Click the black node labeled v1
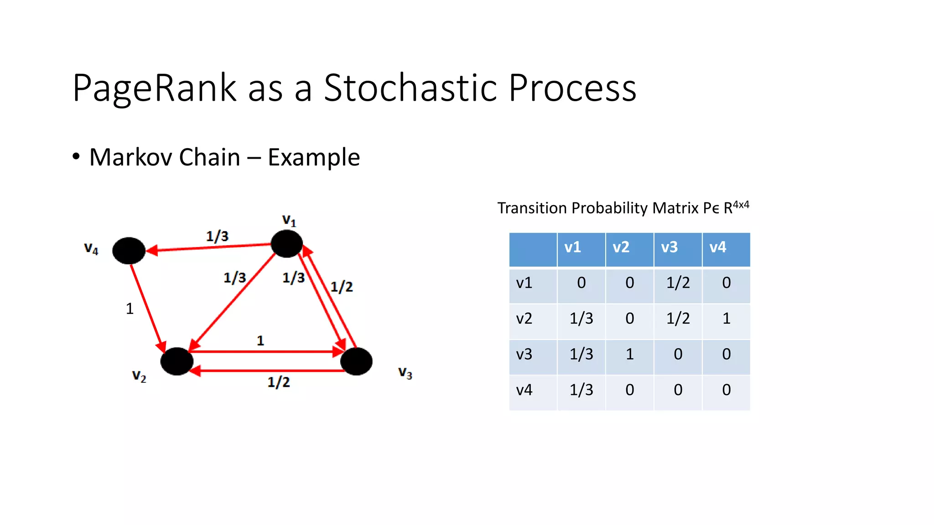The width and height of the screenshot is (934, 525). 286,244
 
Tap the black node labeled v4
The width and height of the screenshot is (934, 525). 129,251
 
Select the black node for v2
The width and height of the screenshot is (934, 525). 177,361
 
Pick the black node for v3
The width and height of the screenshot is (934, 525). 356,361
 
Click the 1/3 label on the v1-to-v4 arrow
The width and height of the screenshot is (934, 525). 217,236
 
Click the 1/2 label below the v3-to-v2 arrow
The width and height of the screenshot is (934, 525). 279,382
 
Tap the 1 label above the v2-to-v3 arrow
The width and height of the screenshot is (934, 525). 260,340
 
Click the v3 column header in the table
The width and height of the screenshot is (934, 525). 669,247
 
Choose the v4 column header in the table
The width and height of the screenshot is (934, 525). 718,247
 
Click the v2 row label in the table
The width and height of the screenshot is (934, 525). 524,318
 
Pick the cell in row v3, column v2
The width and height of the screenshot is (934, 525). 630,354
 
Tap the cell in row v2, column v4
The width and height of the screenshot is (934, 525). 726,318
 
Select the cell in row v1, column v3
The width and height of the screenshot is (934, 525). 678,283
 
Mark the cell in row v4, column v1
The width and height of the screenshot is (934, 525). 581,390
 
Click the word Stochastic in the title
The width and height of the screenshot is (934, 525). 410,87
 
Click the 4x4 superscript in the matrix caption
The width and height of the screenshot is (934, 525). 741,205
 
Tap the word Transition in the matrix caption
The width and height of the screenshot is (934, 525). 532,208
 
